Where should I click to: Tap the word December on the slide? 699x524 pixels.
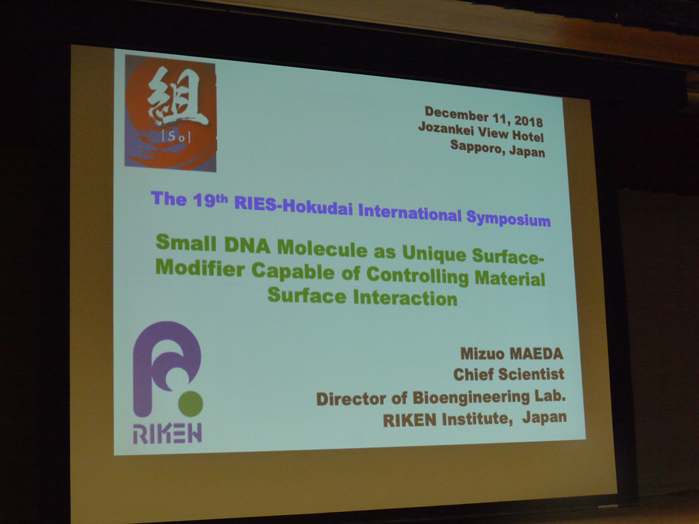[x=456, y=114]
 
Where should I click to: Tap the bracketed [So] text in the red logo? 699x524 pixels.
[x=176, y=137]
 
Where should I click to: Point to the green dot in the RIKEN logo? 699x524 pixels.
[x=190, y=403]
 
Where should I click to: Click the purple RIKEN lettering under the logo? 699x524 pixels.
[x=167, y=434]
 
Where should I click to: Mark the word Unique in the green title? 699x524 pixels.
[x=435, y=254]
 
